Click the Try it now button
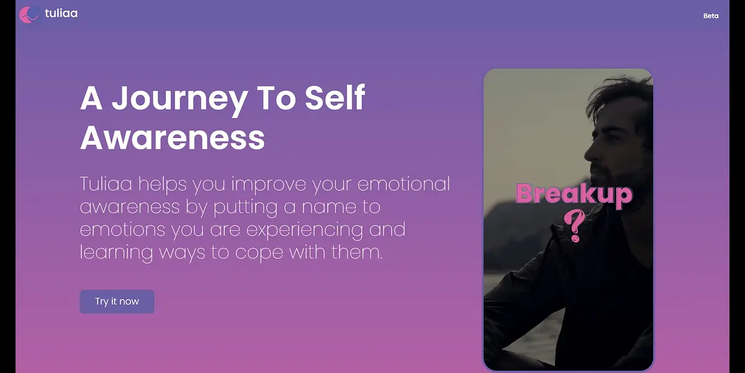[x=117, y=302]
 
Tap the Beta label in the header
[x=711, y=16]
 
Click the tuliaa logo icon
[x=29, y=15]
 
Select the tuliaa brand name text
[x=61, y=13]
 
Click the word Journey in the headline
[x=179, y=99]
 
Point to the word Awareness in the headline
[x=173, y=138]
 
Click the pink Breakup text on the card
[x=574, y=195]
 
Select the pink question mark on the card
[x=575, y=226]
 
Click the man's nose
[x=589, y=154]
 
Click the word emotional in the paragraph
[x=404, y=184]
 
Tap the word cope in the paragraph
[x=259, y=253]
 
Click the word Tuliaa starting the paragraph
[x=106, y=183]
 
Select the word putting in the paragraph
[x=245, y=208]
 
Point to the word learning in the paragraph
[x=117, y=253]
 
